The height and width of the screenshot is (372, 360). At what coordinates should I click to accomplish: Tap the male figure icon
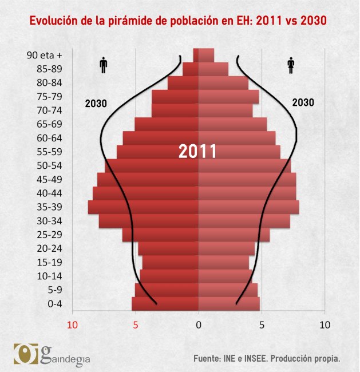pyautogui.click(x=104, y=65)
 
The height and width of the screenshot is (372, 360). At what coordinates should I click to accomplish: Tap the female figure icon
pyautogui.click(x=290, y=65)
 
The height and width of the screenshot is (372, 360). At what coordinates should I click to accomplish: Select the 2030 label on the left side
pyautogui.click(x=96, y=104)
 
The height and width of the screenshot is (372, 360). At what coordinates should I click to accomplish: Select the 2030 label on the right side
pyautogui.click(x=303, y=103)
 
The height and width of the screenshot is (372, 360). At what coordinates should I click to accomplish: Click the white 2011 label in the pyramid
pyautogui.click(x=197, y=152)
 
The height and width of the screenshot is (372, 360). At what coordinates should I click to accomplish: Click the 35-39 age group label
pyautogui.click(x=50, y=207)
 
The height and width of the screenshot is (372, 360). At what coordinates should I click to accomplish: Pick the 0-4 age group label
pyautogui.click(x=54, y=304)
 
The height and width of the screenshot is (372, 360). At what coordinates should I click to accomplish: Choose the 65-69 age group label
pyautogui.click(x=50, y=124)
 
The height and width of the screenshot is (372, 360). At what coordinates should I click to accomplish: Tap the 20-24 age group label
pyautogui.click(x=50, y=248)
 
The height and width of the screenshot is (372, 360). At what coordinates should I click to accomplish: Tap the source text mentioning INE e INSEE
pyautogui.click(x=267, y=359)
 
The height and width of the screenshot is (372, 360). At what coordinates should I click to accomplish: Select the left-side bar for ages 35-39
pyautogui.click(x=143, y=207)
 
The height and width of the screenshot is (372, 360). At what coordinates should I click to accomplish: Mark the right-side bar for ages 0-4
pyautogui.click(x=229, y=304)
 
